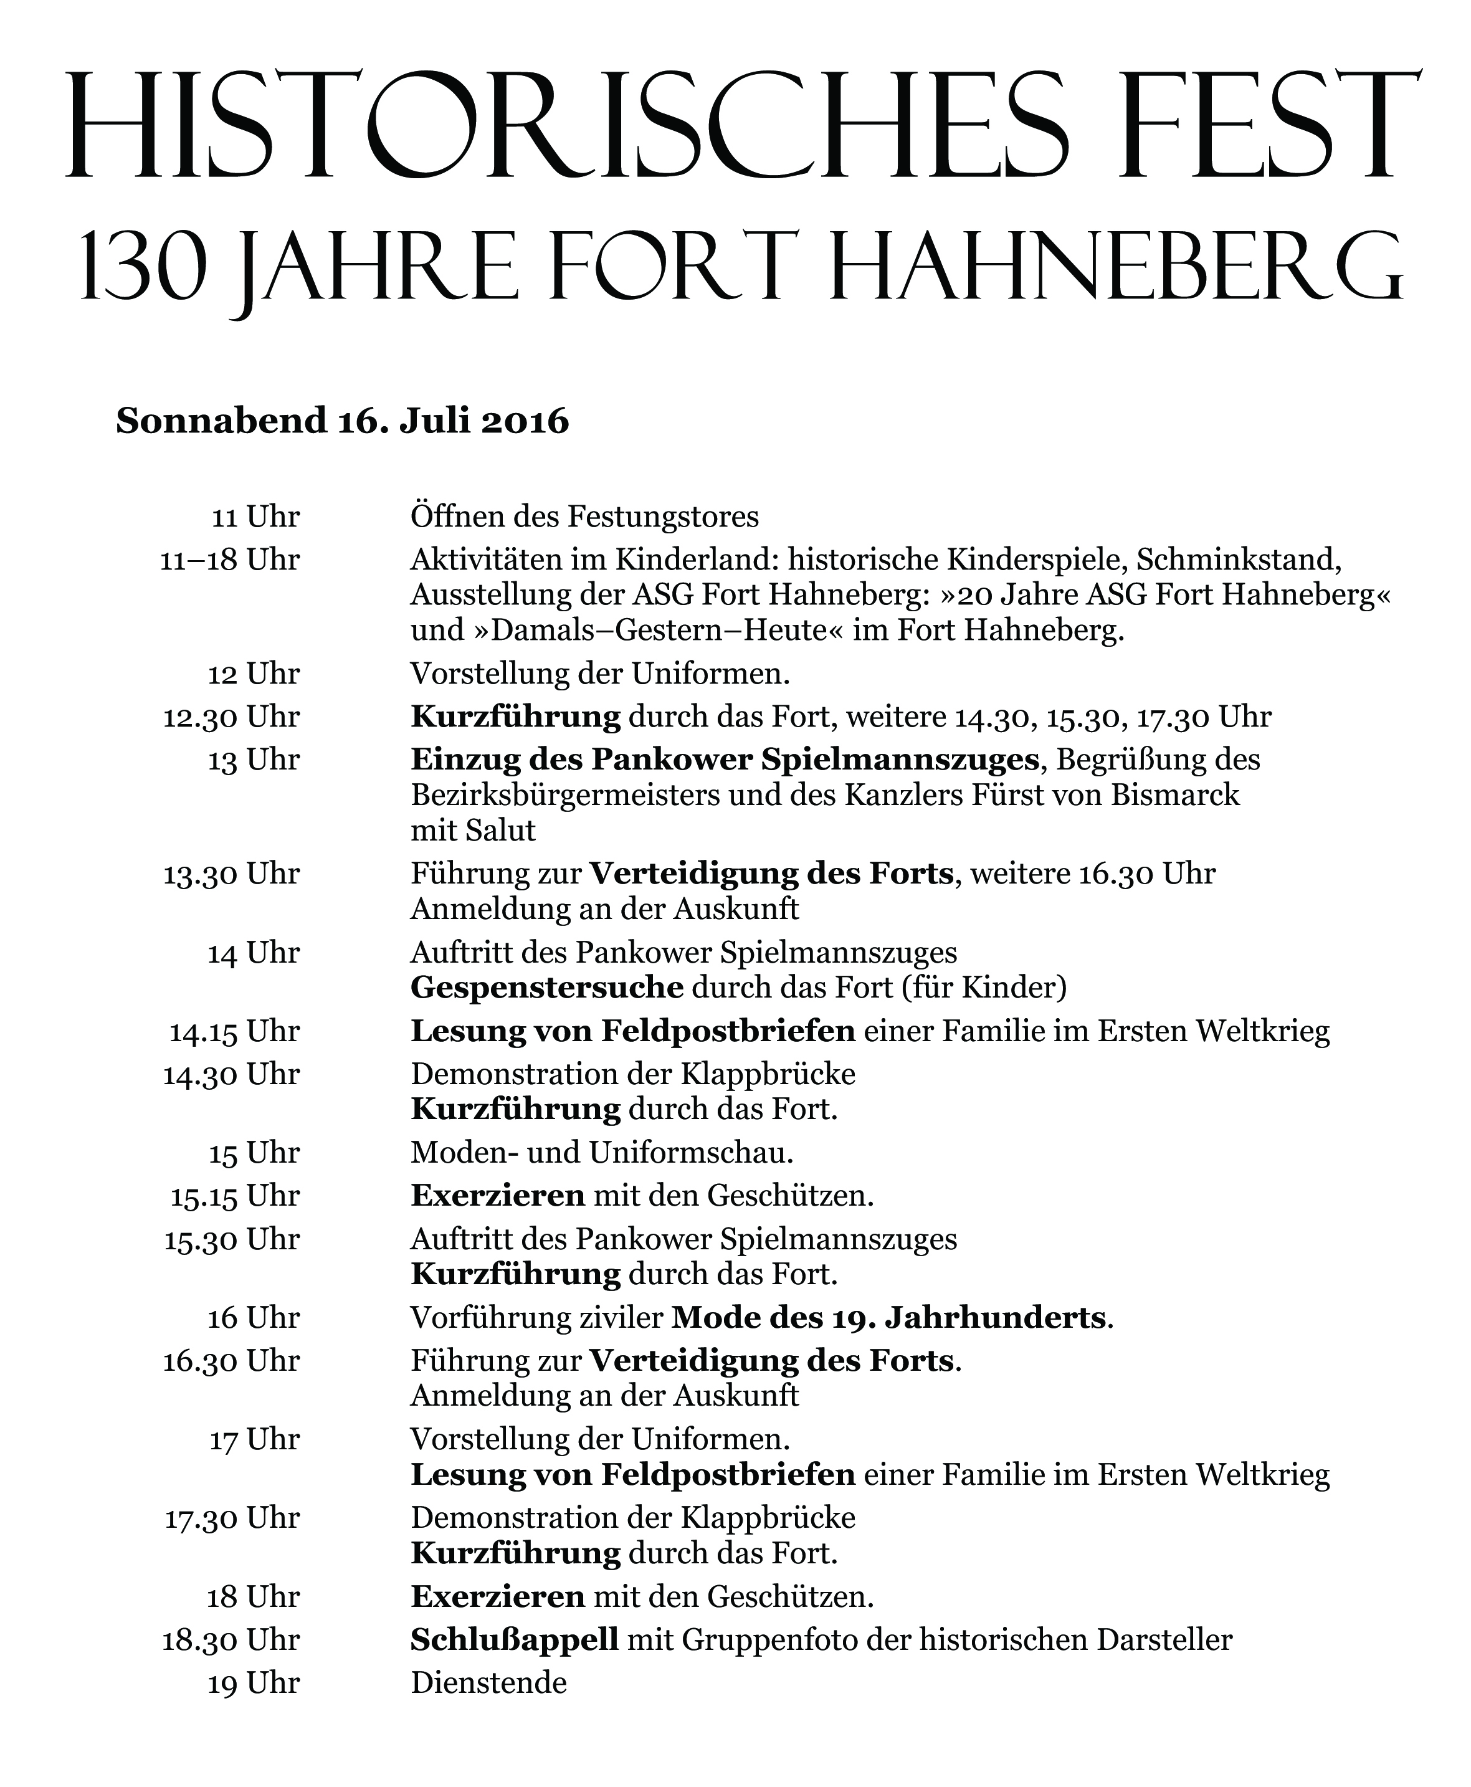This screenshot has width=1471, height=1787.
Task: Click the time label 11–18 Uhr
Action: pyautogui.click(x=231, y=561)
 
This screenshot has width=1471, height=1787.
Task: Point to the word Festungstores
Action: pyautogui.click(x=663, y=517)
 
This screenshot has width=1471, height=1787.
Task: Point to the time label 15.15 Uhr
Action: pyautogui.click(x=235, y=1196)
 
